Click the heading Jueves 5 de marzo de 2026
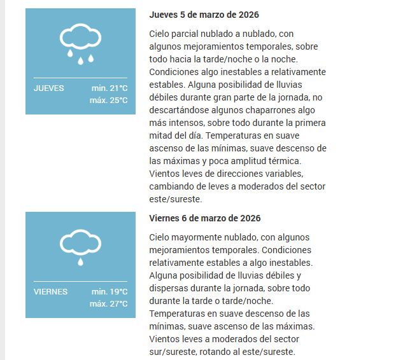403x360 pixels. [204, 15]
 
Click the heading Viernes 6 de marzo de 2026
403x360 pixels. [205, 218]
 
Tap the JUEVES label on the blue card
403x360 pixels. [49, 88]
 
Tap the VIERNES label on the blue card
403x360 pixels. [50, 292]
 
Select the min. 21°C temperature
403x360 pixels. [110, 88]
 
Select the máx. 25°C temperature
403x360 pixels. [109, 100]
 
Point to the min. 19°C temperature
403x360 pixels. [110, 292]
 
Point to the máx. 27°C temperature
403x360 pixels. [109, 304]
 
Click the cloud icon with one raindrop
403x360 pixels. [80, 247]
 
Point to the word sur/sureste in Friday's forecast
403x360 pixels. [173, 352]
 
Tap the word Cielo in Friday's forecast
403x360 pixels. [160, 237]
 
